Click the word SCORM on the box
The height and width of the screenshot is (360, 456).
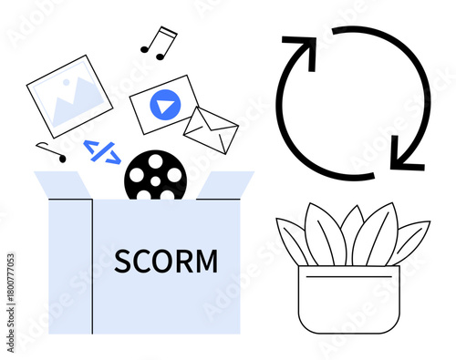(x=166, y=262)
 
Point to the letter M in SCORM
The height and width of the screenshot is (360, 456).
(x=207, y=262)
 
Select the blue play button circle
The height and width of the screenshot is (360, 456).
(x=163, y=107)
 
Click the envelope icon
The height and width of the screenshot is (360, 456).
(x=210, y=130)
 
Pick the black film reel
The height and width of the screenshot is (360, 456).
(x=155, y=176)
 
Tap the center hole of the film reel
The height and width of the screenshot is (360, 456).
(x=155, y=176)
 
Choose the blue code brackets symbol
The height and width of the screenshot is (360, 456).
(x=101, y=150)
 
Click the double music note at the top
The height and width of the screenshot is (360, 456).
(x=159, y=42)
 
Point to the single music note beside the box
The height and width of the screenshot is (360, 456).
(x=52, y=152)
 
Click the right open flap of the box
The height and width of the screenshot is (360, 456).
(x=224, y=186)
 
